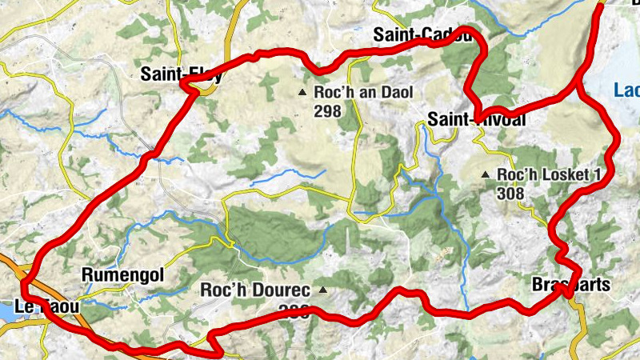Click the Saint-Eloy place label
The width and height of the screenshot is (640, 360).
point(180,74)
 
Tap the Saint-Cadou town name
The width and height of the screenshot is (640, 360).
point(425,35)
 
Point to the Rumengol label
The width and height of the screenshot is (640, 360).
point(122,274)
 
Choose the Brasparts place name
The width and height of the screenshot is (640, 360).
point(570,284)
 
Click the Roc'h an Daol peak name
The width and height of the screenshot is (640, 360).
point(364,93)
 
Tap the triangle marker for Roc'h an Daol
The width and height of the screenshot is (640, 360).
point(302,93)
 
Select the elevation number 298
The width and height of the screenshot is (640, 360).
point(328,111)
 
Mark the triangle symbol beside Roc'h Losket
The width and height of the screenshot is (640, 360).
point(485,174)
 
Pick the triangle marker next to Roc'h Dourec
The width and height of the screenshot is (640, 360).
point(322,290)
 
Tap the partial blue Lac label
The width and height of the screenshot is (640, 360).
point(626,90)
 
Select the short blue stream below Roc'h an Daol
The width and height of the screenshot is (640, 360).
point(288,177)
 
